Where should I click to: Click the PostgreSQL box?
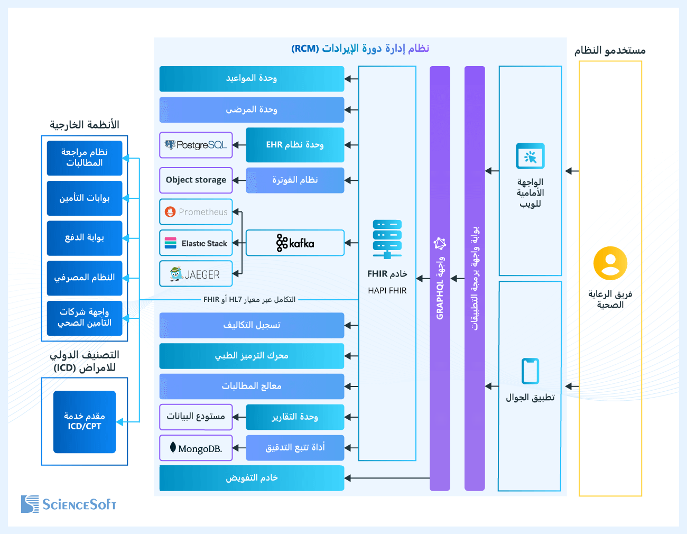pyautogui.click(x=196, y=145)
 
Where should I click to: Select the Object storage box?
pyautogui.click(x=196, y=180)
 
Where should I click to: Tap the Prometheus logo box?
pyautogui.click(x=196, y=212)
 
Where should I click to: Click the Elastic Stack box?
pyautogui.click(x=196, y=243)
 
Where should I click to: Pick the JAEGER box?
pyautogui.click(x=196, y=274)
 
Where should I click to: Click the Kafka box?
pyautogui.click(x=295, y=243)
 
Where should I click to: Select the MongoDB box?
pyautogui.click(x=196, y=448)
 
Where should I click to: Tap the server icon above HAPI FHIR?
pyautogui.click(x=387, y=239)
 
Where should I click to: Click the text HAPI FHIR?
pyautogui.click(x=387, y=291)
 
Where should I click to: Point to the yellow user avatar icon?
pyautogui.click(x=610, y=263)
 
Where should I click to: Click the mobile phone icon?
pyautogui.click(x=530, y=371)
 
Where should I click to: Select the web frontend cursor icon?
pyautogui.click(x=530, y=156)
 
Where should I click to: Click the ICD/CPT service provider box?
pyautogui.click(x=85, y=421)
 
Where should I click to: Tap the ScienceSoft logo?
pyautogui.click(x=69, y=504)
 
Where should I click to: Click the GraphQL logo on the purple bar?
pyautogui.click(x=440, y=244)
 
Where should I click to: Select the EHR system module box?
pyautogui.click(x=295, y=145)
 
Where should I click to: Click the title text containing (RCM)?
pyautogui.click(x=360, y=49)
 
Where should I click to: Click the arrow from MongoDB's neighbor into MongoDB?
pyautogui.click(x=239, y=448)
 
